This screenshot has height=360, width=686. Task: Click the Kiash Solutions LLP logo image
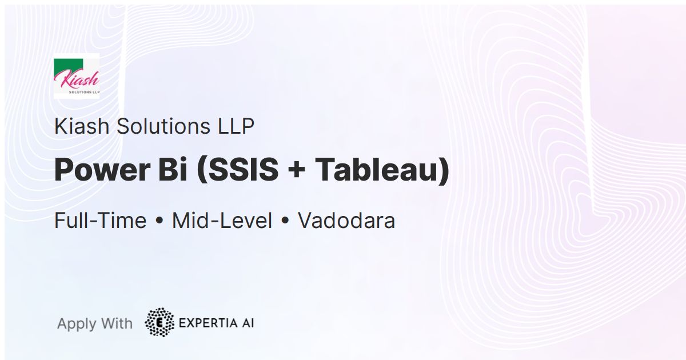(77, 76)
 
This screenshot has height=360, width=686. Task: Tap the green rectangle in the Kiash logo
(69, 65)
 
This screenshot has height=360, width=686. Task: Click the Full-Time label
(100, 221)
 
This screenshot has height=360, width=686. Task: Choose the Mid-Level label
(222, 221)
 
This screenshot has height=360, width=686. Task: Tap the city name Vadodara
(346, 221)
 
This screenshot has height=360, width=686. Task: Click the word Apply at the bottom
(76, 324)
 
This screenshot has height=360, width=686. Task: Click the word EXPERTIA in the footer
(207, 323)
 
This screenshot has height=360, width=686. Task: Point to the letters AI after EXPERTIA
(247, 323)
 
